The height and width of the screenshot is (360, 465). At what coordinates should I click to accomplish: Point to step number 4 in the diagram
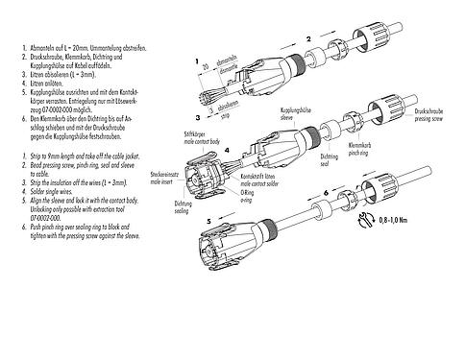coord(227,151)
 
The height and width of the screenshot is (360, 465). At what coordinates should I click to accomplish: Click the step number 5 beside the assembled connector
coord(208,222)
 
